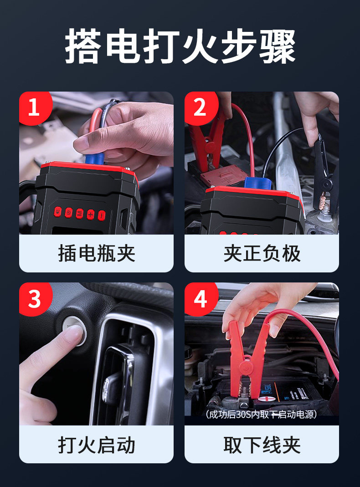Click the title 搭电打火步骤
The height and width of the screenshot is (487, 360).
(x=180, y=46)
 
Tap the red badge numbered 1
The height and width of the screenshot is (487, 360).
(x=35, y=108)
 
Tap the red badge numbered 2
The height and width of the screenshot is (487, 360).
(x=201, y=108)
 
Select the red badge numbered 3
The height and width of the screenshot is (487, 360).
(x=35, y=299)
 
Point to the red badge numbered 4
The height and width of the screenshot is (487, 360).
(x=201, y=299)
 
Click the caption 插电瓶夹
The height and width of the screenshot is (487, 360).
(x=97, y=253)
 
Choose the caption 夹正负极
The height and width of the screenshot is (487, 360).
(x=262, y=253)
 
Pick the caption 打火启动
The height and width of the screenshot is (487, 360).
(x=97, y=445)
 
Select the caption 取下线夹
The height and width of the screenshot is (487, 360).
(x=262, y=445)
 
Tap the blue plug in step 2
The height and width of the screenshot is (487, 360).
(x=257, y=184)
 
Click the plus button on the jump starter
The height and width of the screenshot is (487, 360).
(x=91, y=214)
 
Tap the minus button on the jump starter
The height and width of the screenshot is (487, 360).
(x=102, y=215)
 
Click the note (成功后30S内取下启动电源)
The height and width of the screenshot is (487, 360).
(x=261, y=414)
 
